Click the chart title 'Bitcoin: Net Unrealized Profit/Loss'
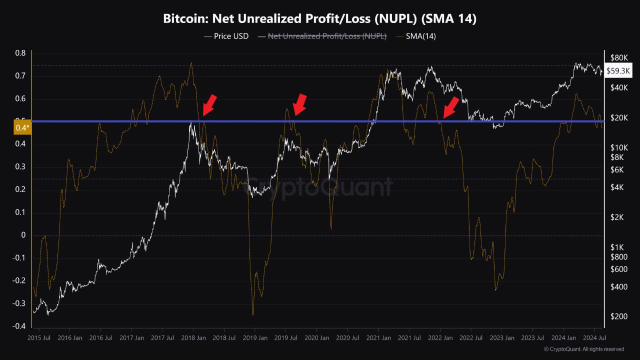point(319,18)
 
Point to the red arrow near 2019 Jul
point(299,104)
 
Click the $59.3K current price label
point(618,71)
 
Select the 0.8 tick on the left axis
point(20,53)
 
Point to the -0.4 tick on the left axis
point(19,326)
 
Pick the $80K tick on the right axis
point(619,57)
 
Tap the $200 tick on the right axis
point(618,316)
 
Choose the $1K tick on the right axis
point(618,247)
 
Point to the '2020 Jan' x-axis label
point(317,338)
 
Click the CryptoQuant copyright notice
point(584,349)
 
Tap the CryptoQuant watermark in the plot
point(320,187)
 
